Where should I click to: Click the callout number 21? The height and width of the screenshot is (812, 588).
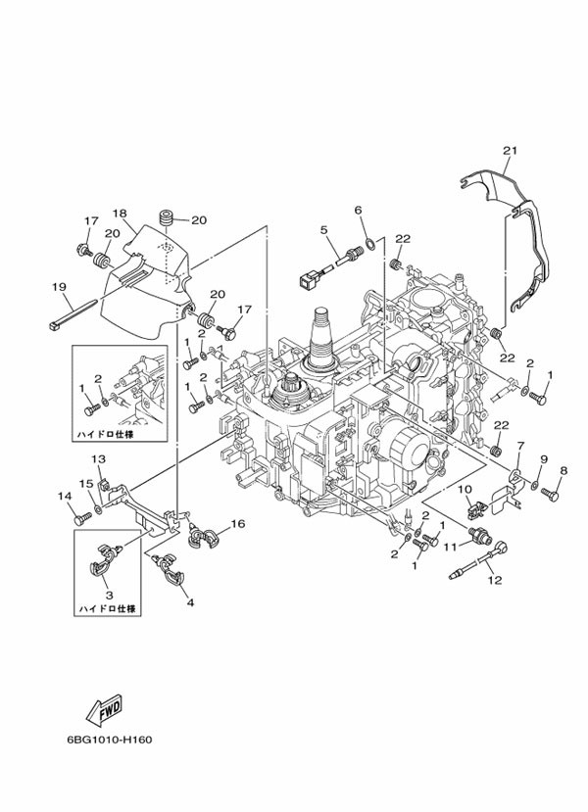coord(509,150)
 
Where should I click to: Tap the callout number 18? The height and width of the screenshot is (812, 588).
coord(120,214)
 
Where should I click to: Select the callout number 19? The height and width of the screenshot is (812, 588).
coord(59,287)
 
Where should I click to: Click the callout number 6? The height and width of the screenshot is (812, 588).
coord(358,210)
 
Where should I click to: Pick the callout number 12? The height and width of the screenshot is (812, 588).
coord(494,580)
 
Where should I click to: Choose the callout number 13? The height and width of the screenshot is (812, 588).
coord(98,459)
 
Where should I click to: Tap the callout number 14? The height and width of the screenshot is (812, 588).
coord(65,497)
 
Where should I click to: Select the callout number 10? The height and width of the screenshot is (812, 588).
coord(465,489)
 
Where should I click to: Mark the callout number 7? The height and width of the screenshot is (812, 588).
coord(520,447)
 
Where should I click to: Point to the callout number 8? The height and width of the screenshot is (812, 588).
coord(563,470)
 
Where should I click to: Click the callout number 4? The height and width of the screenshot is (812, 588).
coord(190,602)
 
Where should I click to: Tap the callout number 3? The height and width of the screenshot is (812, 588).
coord(108,595)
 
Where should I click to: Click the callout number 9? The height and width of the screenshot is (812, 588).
coord(543,458)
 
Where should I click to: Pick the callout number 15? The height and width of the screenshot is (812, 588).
coord(85,483)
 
